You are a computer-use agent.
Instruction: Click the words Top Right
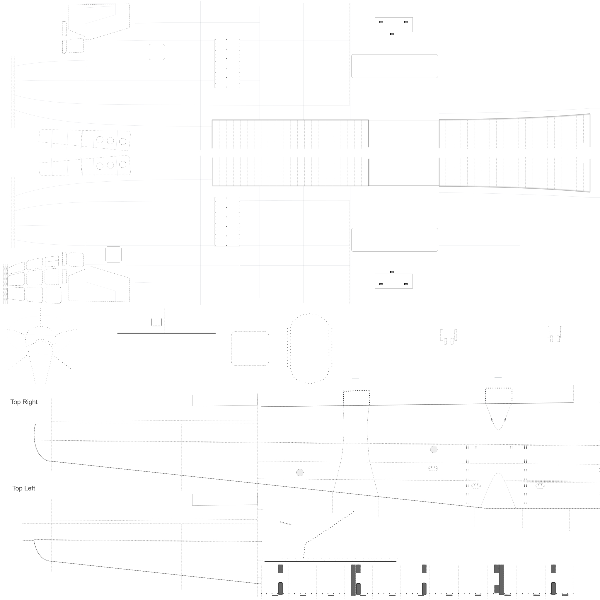tap(24, 402)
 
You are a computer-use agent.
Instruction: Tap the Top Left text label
tap(24, 488)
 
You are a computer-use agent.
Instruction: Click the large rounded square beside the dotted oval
tap(250, 348)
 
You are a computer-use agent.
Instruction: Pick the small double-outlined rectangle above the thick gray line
tap(156, 322)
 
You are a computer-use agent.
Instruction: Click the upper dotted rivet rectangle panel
tap(227, 63)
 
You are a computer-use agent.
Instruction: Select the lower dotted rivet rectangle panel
tap(227, 222)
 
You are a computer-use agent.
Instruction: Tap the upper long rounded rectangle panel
tap(394, 66)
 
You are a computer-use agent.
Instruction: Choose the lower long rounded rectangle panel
tap(394, 240)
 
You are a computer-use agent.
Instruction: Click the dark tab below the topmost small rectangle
tap(392, 34)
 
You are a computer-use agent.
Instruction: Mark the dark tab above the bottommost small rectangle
tap(392, 272)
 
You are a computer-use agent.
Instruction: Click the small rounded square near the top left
tap(157, 52)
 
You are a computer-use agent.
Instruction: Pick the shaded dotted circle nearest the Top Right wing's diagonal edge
tap(300, 473)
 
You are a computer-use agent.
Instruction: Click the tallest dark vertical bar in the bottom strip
tap(353, 580)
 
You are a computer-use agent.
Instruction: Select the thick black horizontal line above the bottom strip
tap(330, 561)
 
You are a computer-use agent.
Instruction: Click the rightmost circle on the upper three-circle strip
tap(123, 142)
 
